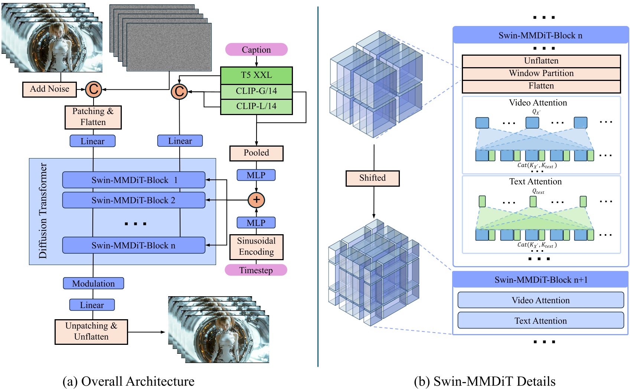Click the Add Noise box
click(x=49, y=89)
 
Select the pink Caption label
click(x=256, y=50)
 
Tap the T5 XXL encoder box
click(x=256, y=75)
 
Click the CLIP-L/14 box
click(x=256, y=107)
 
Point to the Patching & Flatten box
click(x=93, y=117)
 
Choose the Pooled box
click(x=256, y=153)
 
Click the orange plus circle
click(x=256, y=200)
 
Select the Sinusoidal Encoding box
click(x=256, y=246)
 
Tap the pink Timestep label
click(x=256, y=270)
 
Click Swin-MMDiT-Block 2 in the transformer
click(x=134, y=200)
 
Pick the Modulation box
click(x=93, y=284)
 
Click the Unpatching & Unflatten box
click(x=91, y=331)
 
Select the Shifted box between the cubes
click(x=372, y=178)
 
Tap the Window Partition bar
click(x=541, y=73)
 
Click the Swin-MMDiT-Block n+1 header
click(x=541, y=280)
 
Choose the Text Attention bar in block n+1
click(x=541, y=321)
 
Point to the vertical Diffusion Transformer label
click(x=43, y=211)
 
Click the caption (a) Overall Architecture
click(x=128, y=381)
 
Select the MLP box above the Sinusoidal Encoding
click(x=256, y=223)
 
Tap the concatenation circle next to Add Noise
click(x=94, y=89)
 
